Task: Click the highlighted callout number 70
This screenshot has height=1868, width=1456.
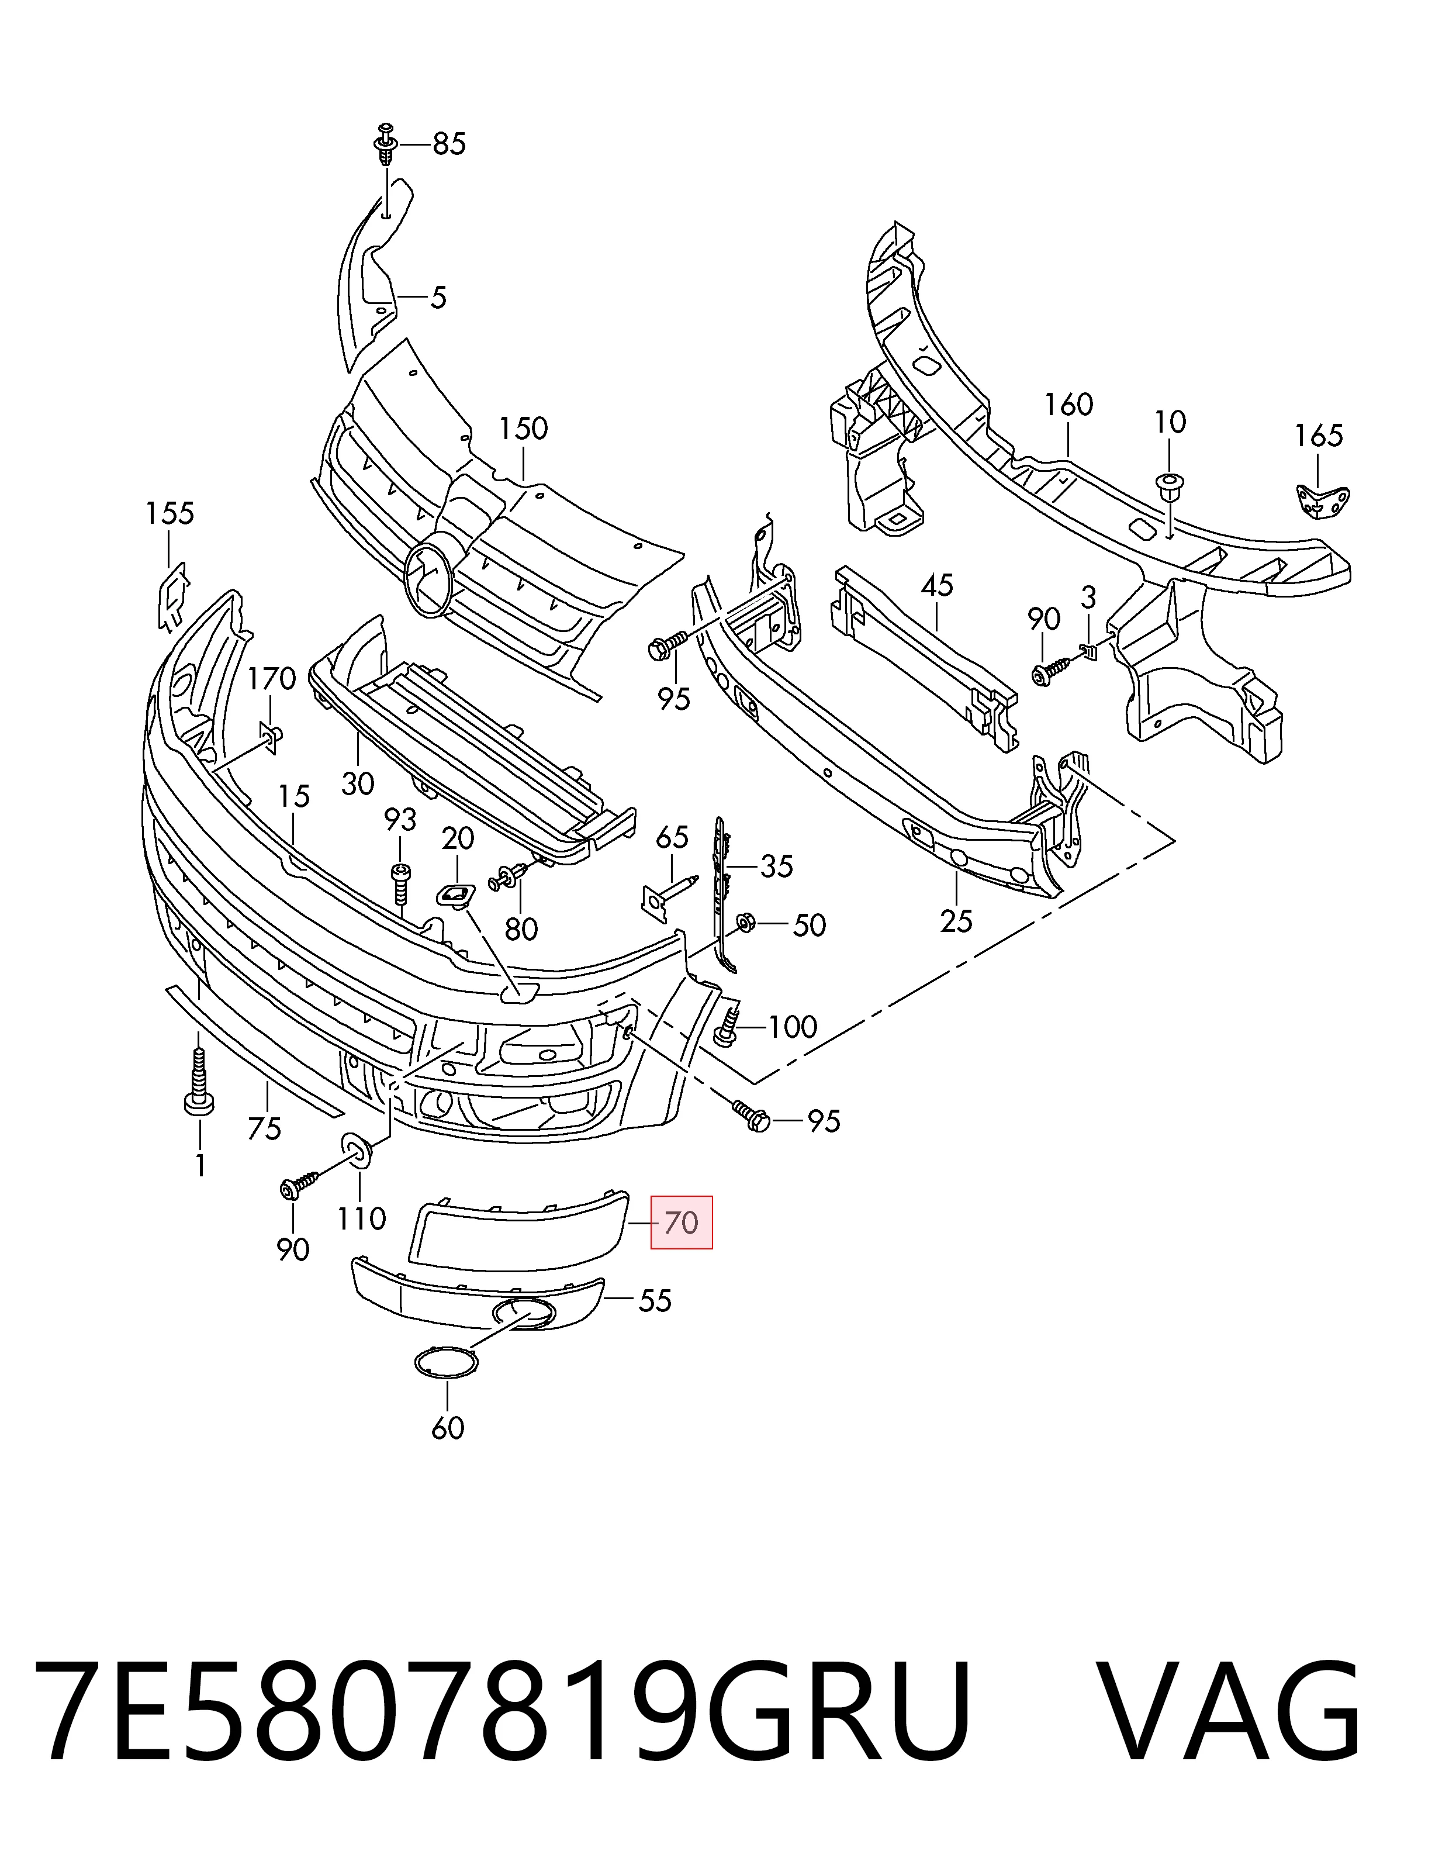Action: coord(682,1223)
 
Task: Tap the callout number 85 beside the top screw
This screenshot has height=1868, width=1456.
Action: coord(449,144)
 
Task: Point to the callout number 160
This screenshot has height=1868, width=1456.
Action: coord(1068,405)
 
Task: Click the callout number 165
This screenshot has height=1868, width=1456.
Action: coord(1319,436)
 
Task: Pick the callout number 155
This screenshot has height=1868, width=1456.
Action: coord(170,514)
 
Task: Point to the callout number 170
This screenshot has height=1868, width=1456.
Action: coord(272,680)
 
